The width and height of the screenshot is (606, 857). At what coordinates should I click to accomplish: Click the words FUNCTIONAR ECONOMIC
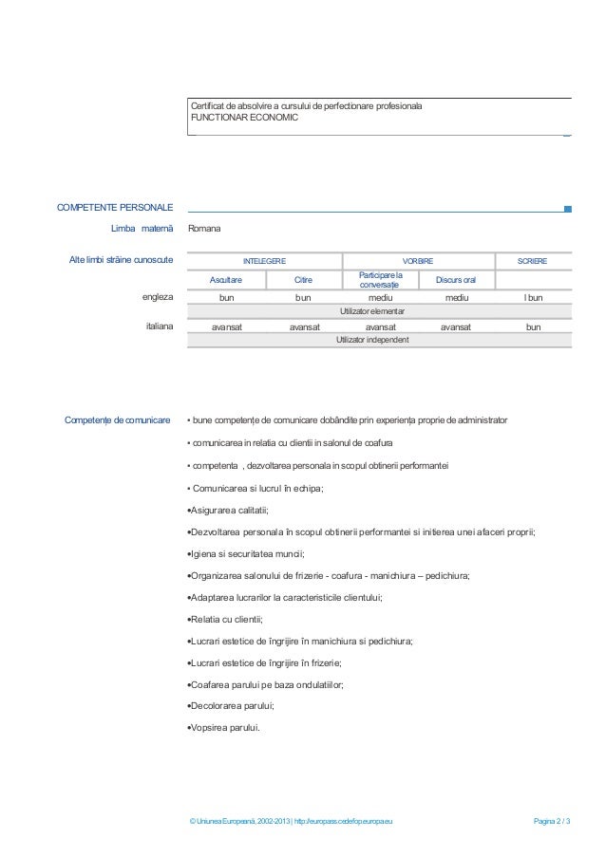click(x=244, y=118)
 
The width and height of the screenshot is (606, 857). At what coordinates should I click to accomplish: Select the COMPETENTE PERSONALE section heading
click(x=115, y=207)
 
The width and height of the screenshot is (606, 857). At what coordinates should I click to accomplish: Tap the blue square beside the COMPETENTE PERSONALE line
click(x=567, y=209)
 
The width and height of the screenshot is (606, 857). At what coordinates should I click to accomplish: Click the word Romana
click(x=205, y=229)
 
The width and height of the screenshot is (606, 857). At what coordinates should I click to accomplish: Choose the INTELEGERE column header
click(x=263, y=260)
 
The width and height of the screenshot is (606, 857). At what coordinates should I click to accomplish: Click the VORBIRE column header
click(x=417, y=260)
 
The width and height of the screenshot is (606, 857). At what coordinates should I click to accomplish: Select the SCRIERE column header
click(x=533, y=260)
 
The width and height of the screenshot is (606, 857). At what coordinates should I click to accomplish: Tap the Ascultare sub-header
click(x=226, y=280)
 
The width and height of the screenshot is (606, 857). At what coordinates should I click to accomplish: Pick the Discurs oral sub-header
click(x=456, y=280)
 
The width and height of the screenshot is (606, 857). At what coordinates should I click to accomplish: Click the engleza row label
click(x=158, y=297)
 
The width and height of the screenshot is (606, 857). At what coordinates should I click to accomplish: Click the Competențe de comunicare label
click(x=117, y=419)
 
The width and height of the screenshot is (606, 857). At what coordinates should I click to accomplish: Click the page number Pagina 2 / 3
click(x=552, y=821)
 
